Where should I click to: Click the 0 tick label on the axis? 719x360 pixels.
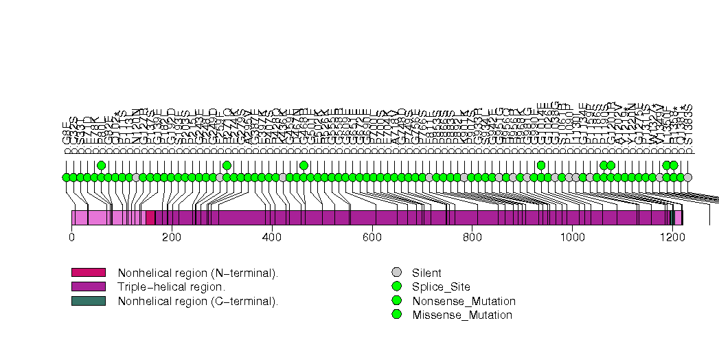[x=71, y=237]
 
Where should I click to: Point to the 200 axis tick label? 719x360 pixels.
[x=172, y=237]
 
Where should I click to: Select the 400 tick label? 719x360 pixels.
[x=272, y=237]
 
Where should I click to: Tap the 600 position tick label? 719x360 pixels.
[x=372, y=237]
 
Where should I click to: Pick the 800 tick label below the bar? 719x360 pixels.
[x=472, y=237]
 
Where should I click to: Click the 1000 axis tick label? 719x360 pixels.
[x=573, y=237]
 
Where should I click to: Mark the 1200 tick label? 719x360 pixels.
[x=673, y=237]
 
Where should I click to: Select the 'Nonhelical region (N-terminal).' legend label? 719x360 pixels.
[x=198, y=273]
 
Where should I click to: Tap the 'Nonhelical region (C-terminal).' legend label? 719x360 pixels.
[x=198, y=300]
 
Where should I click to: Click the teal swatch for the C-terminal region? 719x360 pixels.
[x=88, y=300]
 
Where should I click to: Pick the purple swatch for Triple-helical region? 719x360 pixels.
[x=88, y=286]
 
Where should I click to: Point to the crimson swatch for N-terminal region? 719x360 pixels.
[x=88, y=273]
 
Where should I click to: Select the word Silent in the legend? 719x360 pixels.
[x=426, y=273]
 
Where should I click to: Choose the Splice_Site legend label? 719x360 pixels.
[x=441, y=286]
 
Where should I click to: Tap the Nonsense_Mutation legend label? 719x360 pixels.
[x=464, y=301]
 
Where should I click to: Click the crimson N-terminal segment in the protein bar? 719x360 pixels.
[x=150, y=218]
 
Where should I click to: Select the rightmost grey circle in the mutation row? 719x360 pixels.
[x=687, y=177]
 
